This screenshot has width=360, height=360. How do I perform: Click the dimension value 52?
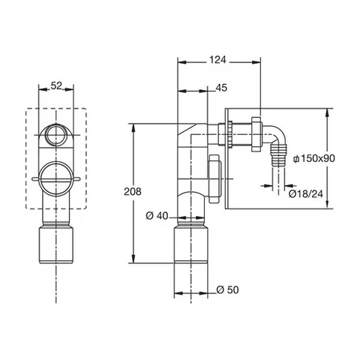[x=56, y=85]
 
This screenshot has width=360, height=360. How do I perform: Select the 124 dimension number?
[x=217, y=60]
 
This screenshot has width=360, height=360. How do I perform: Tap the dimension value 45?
[x=221, y=88]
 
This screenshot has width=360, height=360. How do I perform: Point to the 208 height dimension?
[x=133, y=191]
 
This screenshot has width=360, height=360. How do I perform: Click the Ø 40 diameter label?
[x=157, y=216]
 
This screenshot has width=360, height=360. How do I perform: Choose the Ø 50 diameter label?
[x=227, y=289]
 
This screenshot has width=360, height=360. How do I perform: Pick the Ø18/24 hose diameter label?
[x=306, y=193]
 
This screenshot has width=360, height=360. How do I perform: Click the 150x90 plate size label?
[x=314, y=158]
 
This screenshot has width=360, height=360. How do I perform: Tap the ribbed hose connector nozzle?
[x=278, y=156]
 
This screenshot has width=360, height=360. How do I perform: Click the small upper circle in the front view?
[x=55, y=135]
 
